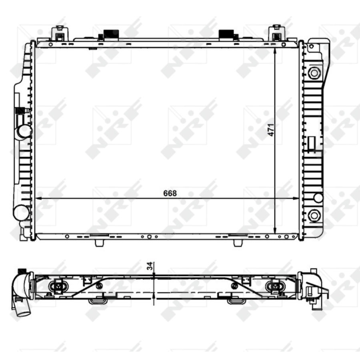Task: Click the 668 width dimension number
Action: (170, 193)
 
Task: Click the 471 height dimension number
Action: (271, 130)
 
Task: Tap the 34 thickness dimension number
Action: (150, 266)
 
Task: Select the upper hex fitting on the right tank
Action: (314, 73)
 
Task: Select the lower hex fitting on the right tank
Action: (314, 215)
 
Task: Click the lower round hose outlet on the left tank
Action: (21, 212)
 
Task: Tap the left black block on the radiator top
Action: (111, 34)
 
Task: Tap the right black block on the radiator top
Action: (226, 34)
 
